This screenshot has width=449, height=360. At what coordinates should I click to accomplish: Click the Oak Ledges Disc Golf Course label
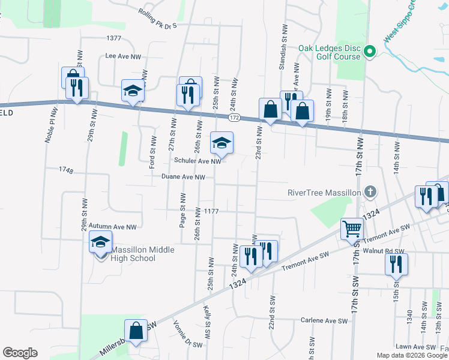click(330, 52)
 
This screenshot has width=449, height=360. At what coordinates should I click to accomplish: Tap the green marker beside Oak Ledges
click(370, 52)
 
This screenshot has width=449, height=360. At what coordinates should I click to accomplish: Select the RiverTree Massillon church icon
click(371, 193)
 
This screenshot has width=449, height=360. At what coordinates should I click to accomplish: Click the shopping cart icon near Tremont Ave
click(352, 227)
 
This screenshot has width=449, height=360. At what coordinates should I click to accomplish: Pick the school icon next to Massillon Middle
click(100, 243)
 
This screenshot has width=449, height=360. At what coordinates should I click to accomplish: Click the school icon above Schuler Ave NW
click(221, 143)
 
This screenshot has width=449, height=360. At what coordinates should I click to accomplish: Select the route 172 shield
click(234, 118)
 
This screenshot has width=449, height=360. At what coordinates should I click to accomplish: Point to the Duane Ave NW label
click(184, 177)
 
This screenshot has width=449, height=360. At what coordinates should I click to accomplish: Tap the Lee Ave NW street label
click(123, 56)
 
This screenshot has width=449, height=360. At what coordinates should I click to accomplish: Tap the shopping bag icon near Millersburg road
click(136, 331)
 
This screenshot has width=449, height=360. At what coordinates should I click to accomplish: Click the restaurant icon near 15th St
click(396, 265)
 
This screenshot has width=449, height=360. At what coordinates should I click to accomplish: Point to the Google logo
click(20, 353)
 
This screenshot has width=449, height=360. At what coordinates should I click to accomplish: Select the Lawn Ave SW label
click(415, 347)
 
